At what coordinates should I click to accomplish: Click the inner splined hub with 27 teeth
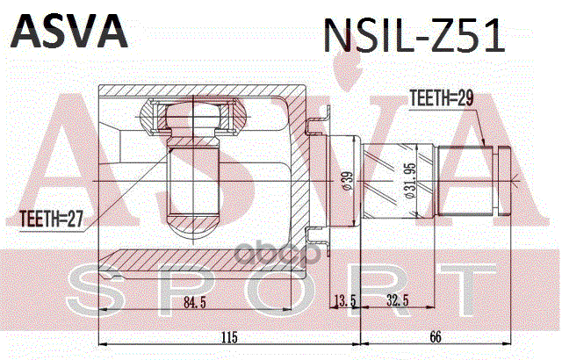pos(192,176)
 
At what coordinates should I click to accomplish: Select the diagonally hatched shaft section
pos(400,181)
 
